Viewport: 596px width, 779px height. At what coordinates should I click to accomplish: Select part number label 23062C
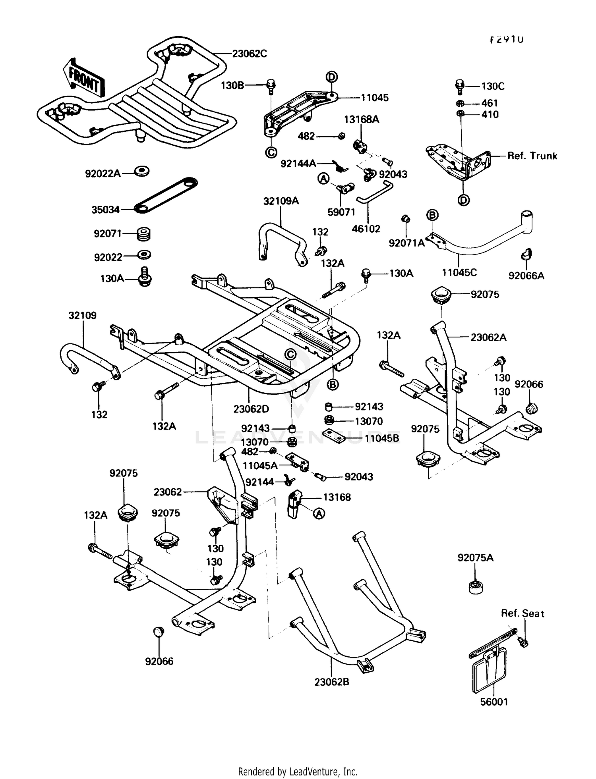249,54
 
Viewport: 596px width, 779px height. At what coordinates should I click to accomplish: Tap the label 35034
105,210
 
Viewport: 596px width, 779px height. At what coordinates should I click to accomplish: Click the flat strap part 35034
166,195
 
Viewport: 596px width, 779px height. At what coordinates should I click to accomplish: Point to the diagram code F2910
506,40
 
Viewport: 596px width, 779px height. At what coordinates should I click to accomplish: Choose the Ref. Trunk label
532,156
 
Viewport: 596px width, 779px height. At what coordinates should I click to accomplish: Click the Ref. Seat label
522,613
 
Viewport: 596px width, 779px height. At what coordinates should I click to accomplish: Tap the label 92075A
475,558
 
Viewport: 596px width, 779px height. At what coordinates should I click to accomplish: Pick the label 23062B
331,682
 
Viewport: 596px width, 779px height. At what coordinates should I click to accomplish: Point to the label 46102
366,229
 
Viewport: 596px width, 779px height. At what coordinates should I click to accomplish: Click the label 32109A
281,201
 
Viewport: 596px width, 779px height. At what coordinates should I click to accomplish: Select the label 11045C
459,272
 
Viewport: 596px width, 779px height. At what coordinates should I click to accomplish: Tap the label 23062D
251,409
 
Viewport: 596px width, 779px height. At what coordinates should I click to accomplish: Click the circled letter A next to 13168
319,514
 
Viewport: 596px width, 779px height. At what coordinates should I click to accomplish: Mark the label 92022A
103,174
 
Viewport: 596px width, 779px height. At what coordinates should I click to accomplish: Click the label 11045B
382,438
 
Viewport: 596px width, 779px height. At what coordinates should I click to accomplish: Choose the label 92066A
526,276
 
